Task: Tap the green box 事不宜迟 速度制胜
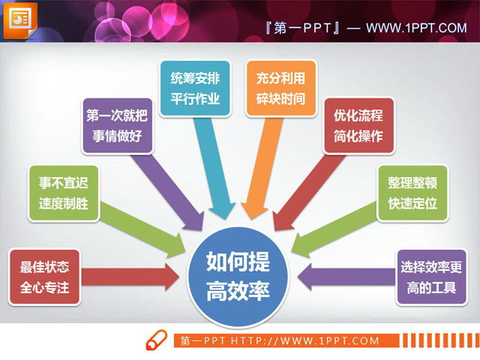coord(64,193)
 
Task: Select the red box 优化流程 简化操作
coord(358,125)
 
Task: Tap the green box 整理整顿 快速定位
coord(412,193)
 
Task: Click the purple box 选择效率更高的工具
coord(430,276)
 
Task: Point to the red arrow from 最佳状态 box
coord(131,276)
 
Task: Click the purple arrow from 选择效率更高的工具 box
coord(345,276)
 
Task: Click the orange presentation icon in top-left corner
coord(19,19)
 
